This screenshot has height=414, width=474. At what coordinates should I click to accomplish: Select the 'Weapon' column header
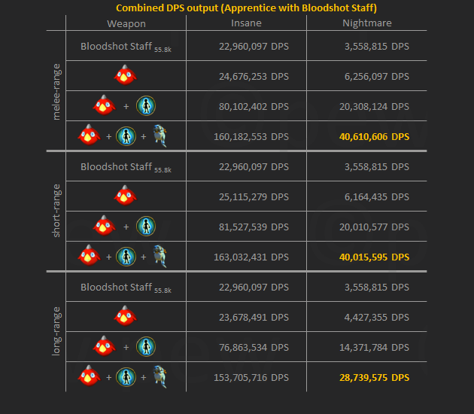[x=126, y=23]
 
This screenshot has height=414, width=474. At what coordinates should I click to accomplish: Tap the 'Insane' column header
[x=246, y=23]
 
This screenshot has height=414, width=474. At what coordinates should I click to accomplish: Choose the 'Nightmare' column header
[x=368, y=23]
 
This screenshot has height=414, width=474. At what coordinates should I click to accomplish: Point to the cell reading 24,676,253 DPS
[x=251, y=76]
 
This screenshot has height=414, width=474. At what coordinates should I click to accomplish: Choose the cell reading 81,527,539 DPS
[x=251, y=227]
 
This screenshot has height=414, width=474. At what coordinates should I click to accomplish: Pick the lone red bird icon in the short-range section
[x=125, y=196]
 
